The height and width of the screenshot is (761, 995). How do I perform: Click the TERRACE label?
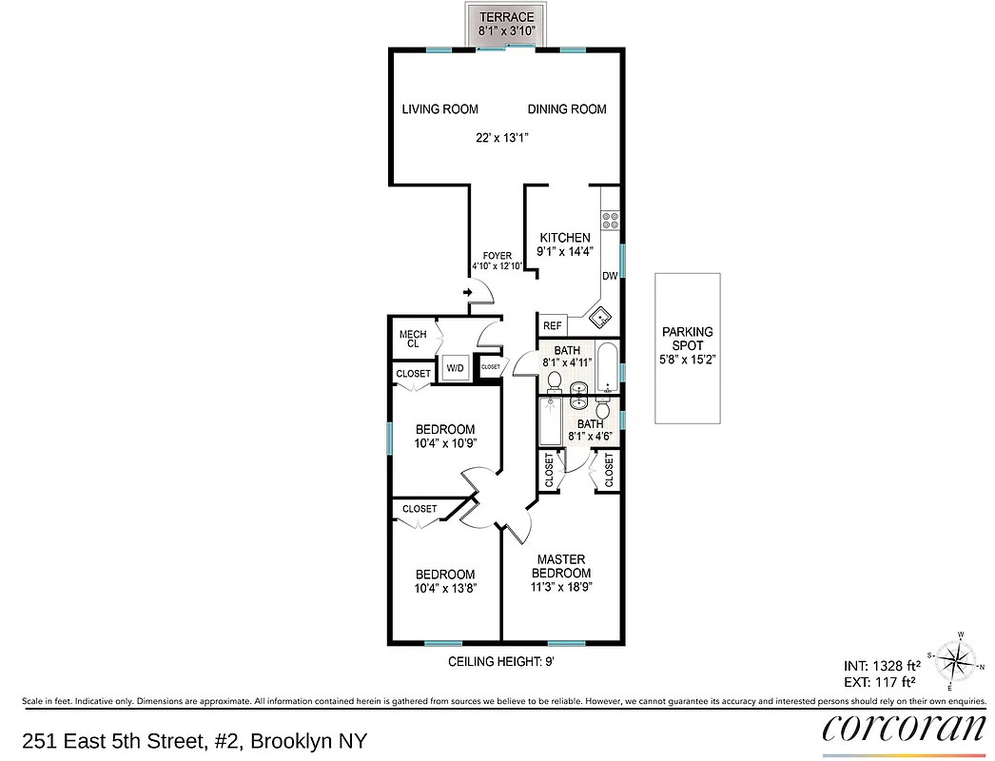point(505,17)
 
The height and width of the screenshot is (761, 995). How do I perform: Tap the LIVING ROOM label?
point(439,109)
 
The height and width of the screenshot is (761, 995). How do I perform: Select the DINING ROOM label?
point(567,109)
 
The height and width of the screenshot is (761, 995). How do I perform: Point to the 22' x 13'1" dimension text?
point(502,138)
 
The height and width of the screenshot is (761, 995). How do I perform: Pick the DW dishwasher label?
point(610,277)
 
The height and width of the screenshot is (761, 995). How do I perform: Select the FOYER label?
point(497,256)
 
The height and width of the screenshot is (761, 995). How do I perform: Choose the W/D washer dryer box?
point(455,368)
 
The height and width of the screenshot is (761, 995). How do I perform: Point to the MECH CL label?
point(413,339)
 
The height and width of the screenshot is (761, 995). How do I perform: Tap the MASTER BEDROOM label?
point(560,566)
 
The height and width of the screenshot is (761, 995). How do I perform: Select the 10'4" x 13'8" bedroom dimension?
point(445,588)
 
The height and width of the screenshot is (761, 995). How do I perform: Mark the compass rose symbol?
point(958,659)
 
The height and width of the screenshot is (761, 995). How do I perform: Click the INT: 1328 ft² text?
point(880,665)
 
